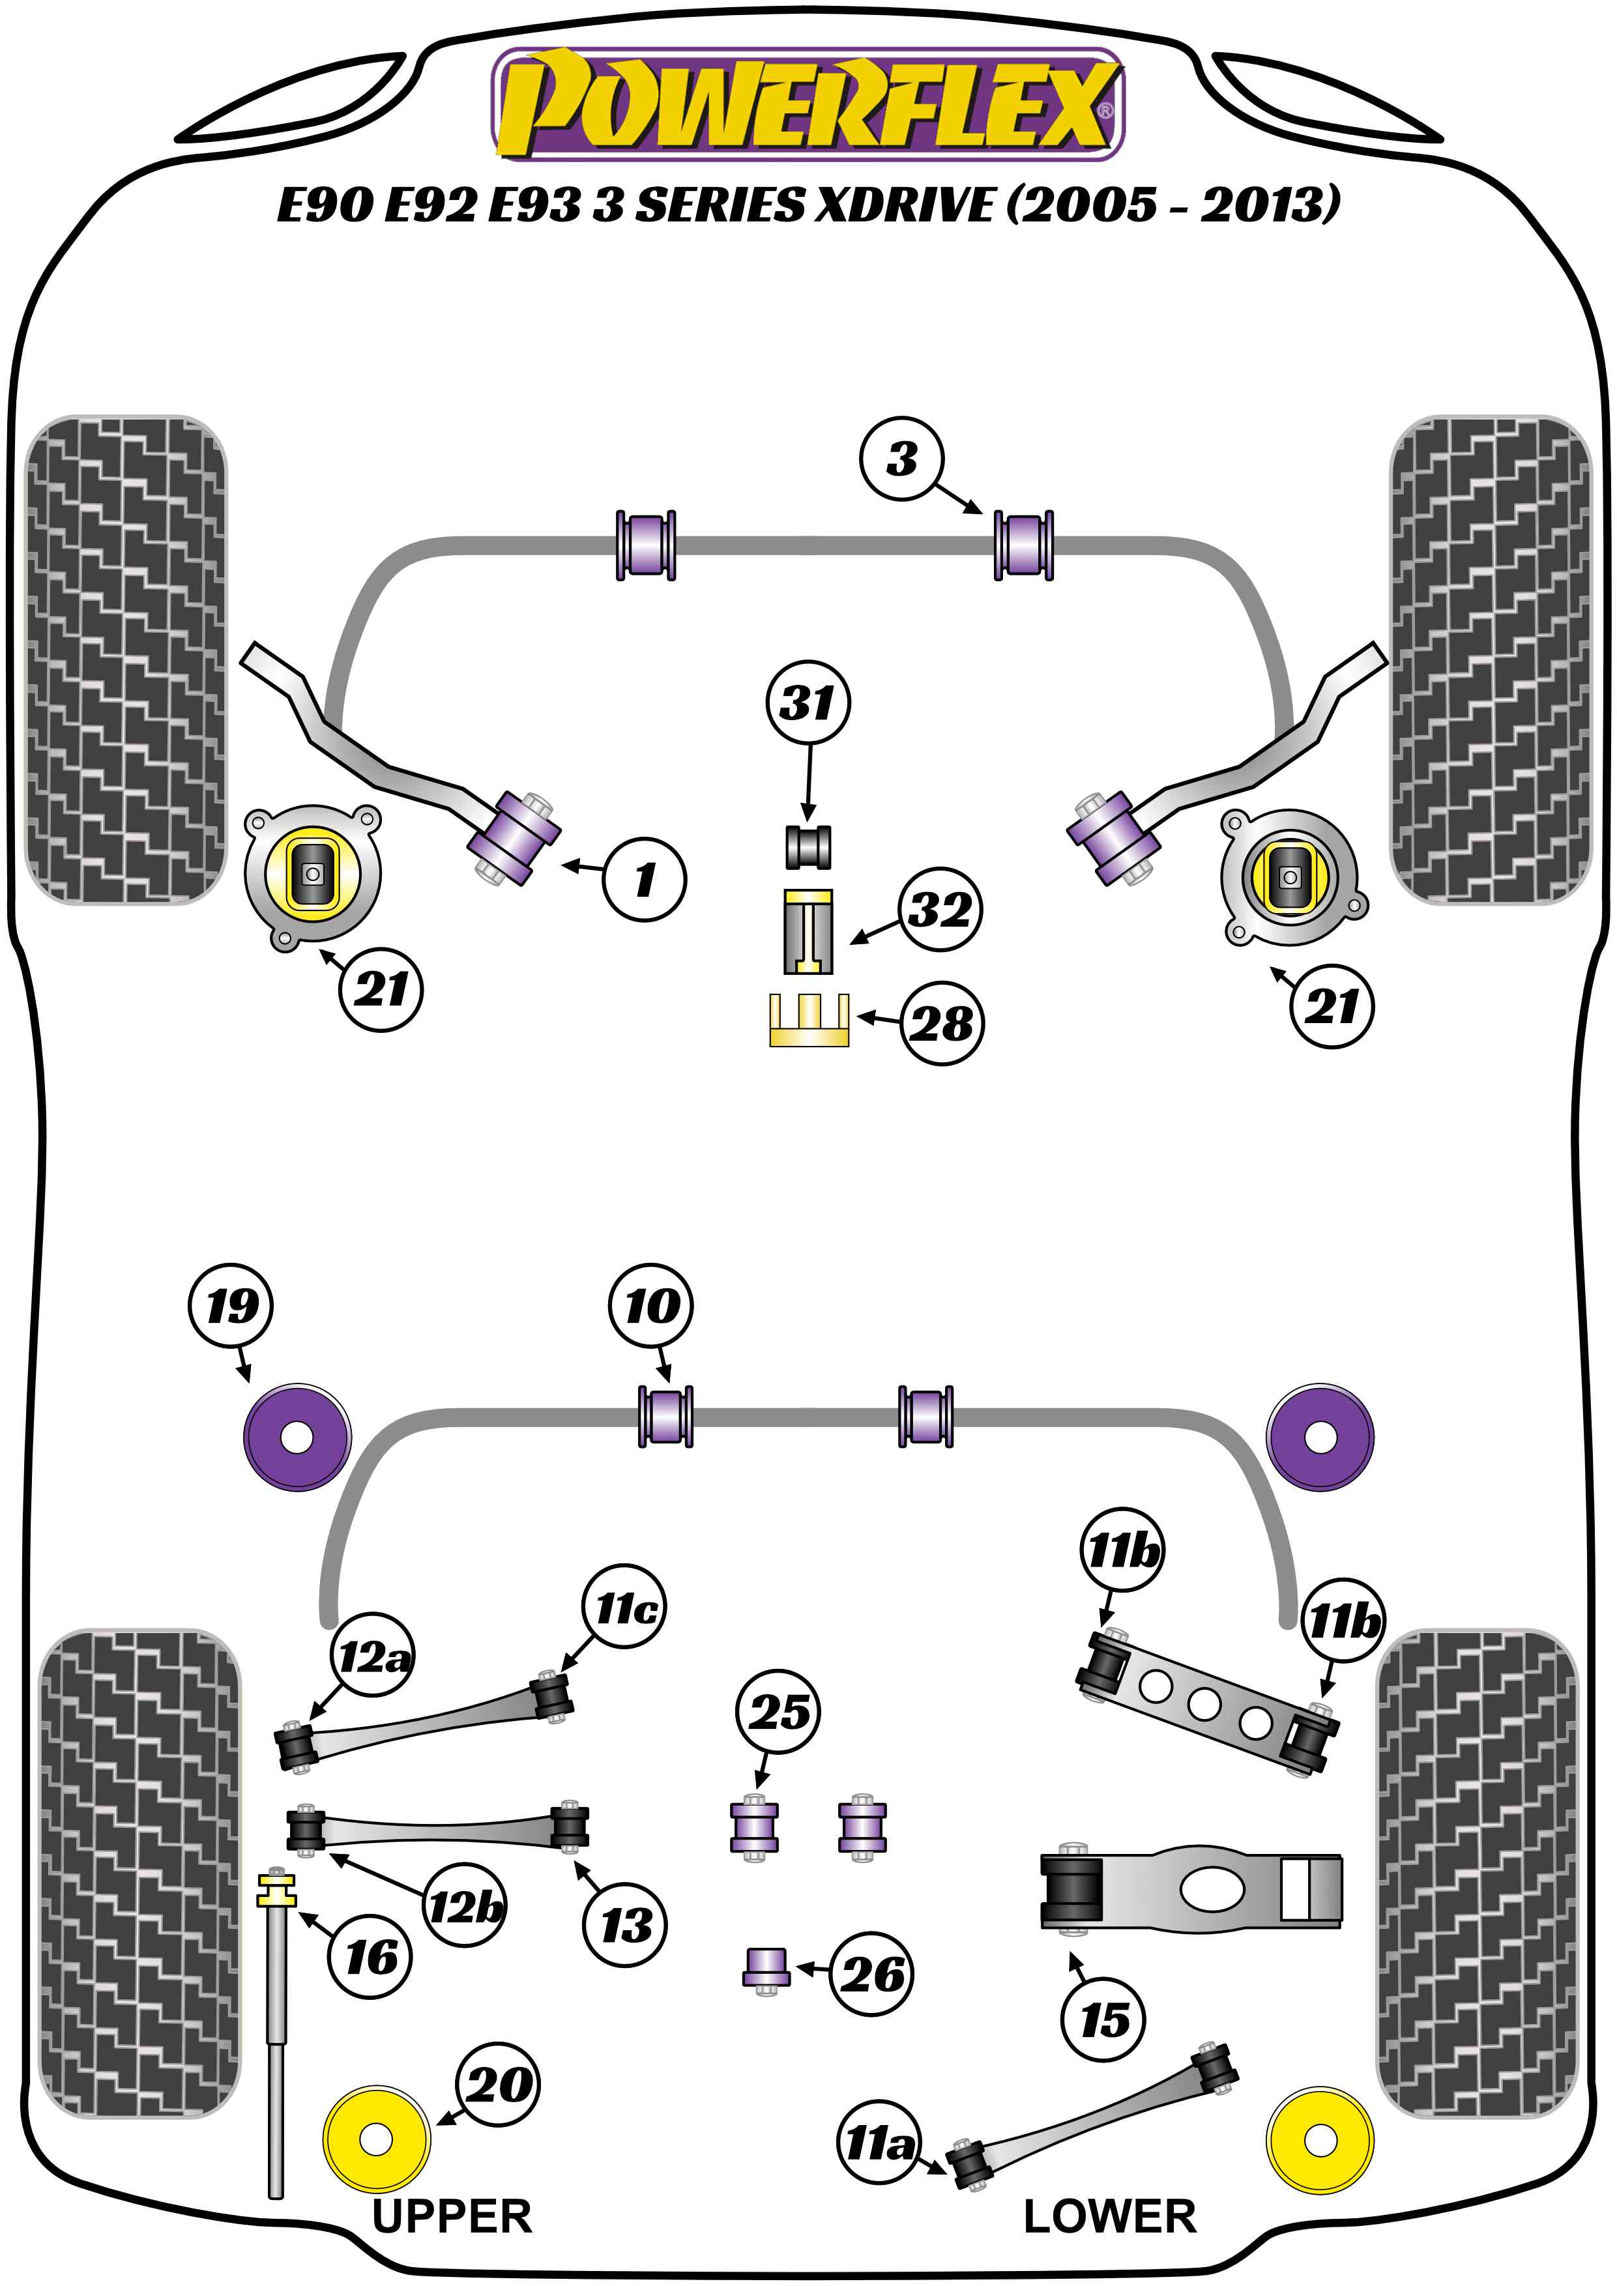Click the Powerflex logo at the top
pos(808,104)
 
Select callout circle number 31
pos(808,703)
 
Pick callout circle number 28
pos(942,1024)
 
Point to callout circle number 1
pos(644,879)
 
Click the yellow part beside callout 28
pos(808,1020)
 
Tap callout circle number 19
pos(231,1307)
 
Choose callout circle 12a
pos(372,1657)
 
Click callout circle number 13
pos(625,1924)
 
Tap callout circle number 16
pos(370,1958)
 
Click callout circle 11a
pos(878,2141)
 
